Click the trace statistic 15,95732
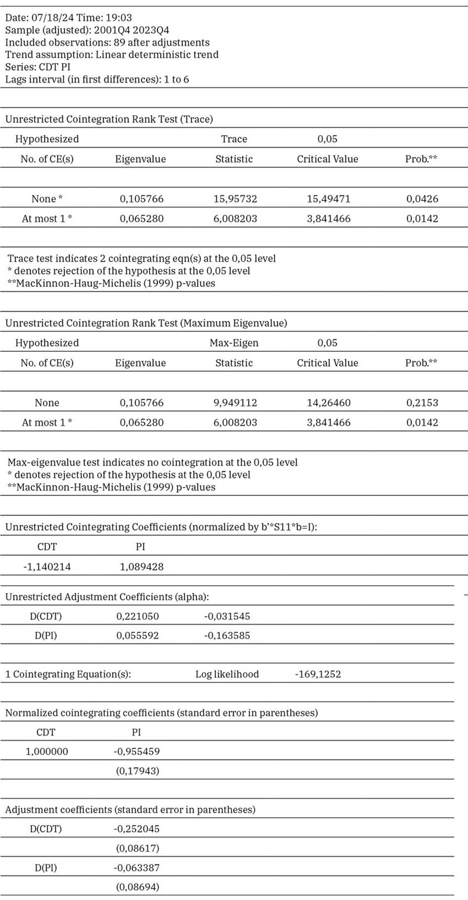pyautogui.click(x=235, y=199)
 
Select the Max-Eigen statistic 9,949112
pyautogui.click(x=235, y=403)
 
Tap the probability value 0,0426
pyautogui.click(x=422, y=199)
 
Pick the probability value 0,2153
pyautogui.click(x=422, y=403)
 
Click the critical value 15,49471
pyautogui.click(x=329, y=199)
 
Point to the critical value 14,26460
pyautogui.click(x=329, y=403)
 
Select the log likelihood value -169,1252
pyautogui.click(x=318, y=674)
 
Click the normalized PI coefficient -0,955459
pyautogui.click(x=137, y=751)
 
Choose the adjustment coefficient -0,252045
pyautogui.click(x=137, y=829)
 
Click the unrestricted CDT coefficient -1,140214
pyautogui.click(x=47, y=567)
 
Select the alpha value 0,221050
pyautogui.click(x=138, y=616)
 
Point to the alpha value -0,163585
pyautogui.click(x=227, y=635)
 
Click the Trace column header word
pyautogui.click(x=234, y=139)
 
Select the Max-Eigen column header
pyautogui.click(x=234, y=343)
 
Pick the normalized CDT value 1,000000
pyautogui.click(x=47, y=751)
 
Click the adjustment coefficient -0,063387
pyautogui.click(x=137, y=867)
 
